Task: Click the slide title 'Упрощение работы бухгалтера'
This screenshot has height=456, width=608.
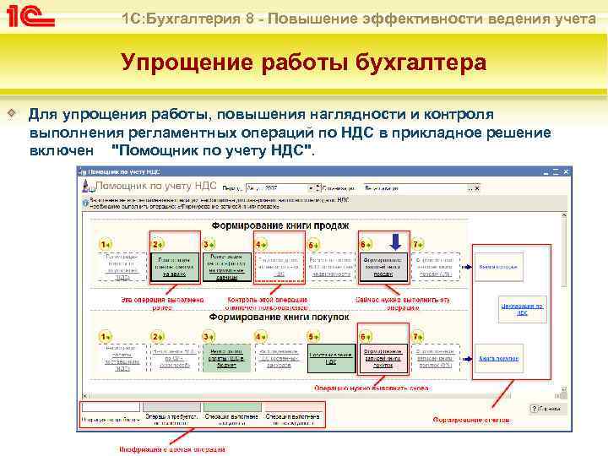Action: click(303, 63)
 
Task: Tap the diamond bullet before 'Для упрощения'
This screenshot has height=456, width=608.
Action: click(11, 113)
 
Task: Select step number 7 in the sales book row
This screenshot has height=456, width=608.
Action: click(417, 244)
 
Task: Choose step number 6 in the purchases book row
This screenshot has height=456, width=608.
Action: click(365, 336)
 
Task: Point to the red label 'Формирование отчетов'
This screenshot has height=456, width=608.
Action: click(472, 420)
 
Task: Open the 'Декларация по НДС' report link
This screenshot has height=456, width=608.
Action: click(521, 307)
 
